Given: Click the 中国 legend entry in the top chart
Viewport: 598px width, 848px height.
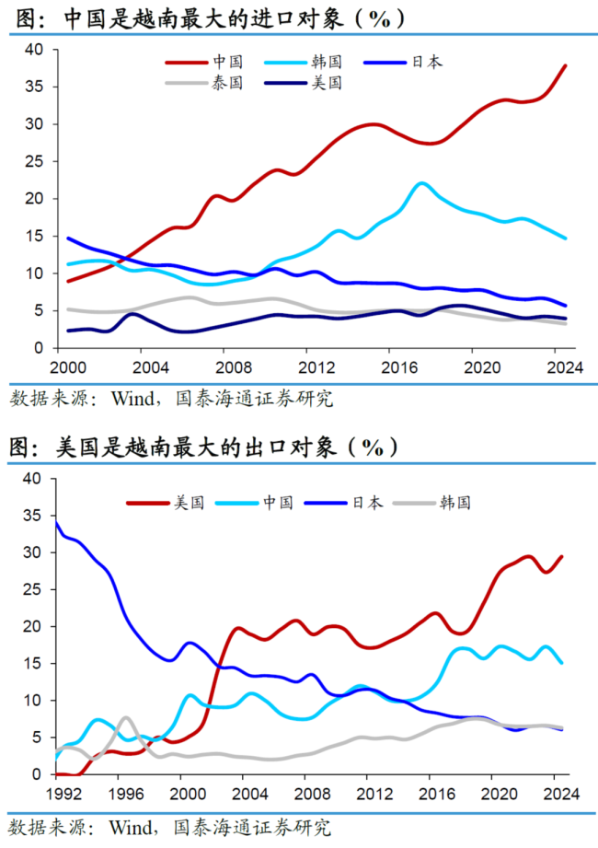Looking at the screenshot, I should click(226, 62).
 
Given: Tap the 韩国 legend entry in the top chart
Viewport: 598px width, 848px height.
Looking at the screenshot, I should click(326, 62).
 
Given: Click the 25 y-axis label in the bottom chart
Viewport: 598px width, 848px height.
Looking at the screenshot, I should click(32, 589).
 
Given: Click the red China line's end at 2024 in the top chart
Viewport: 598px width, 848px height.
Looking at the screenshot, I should click(565, 65).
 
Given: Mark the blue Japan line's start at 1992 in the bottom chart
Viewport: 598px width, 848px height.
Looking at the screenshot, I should click(58, 523).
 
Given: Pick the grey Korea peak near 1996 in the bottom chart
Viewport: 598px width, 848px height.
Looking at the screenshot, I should click(125, 717).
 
